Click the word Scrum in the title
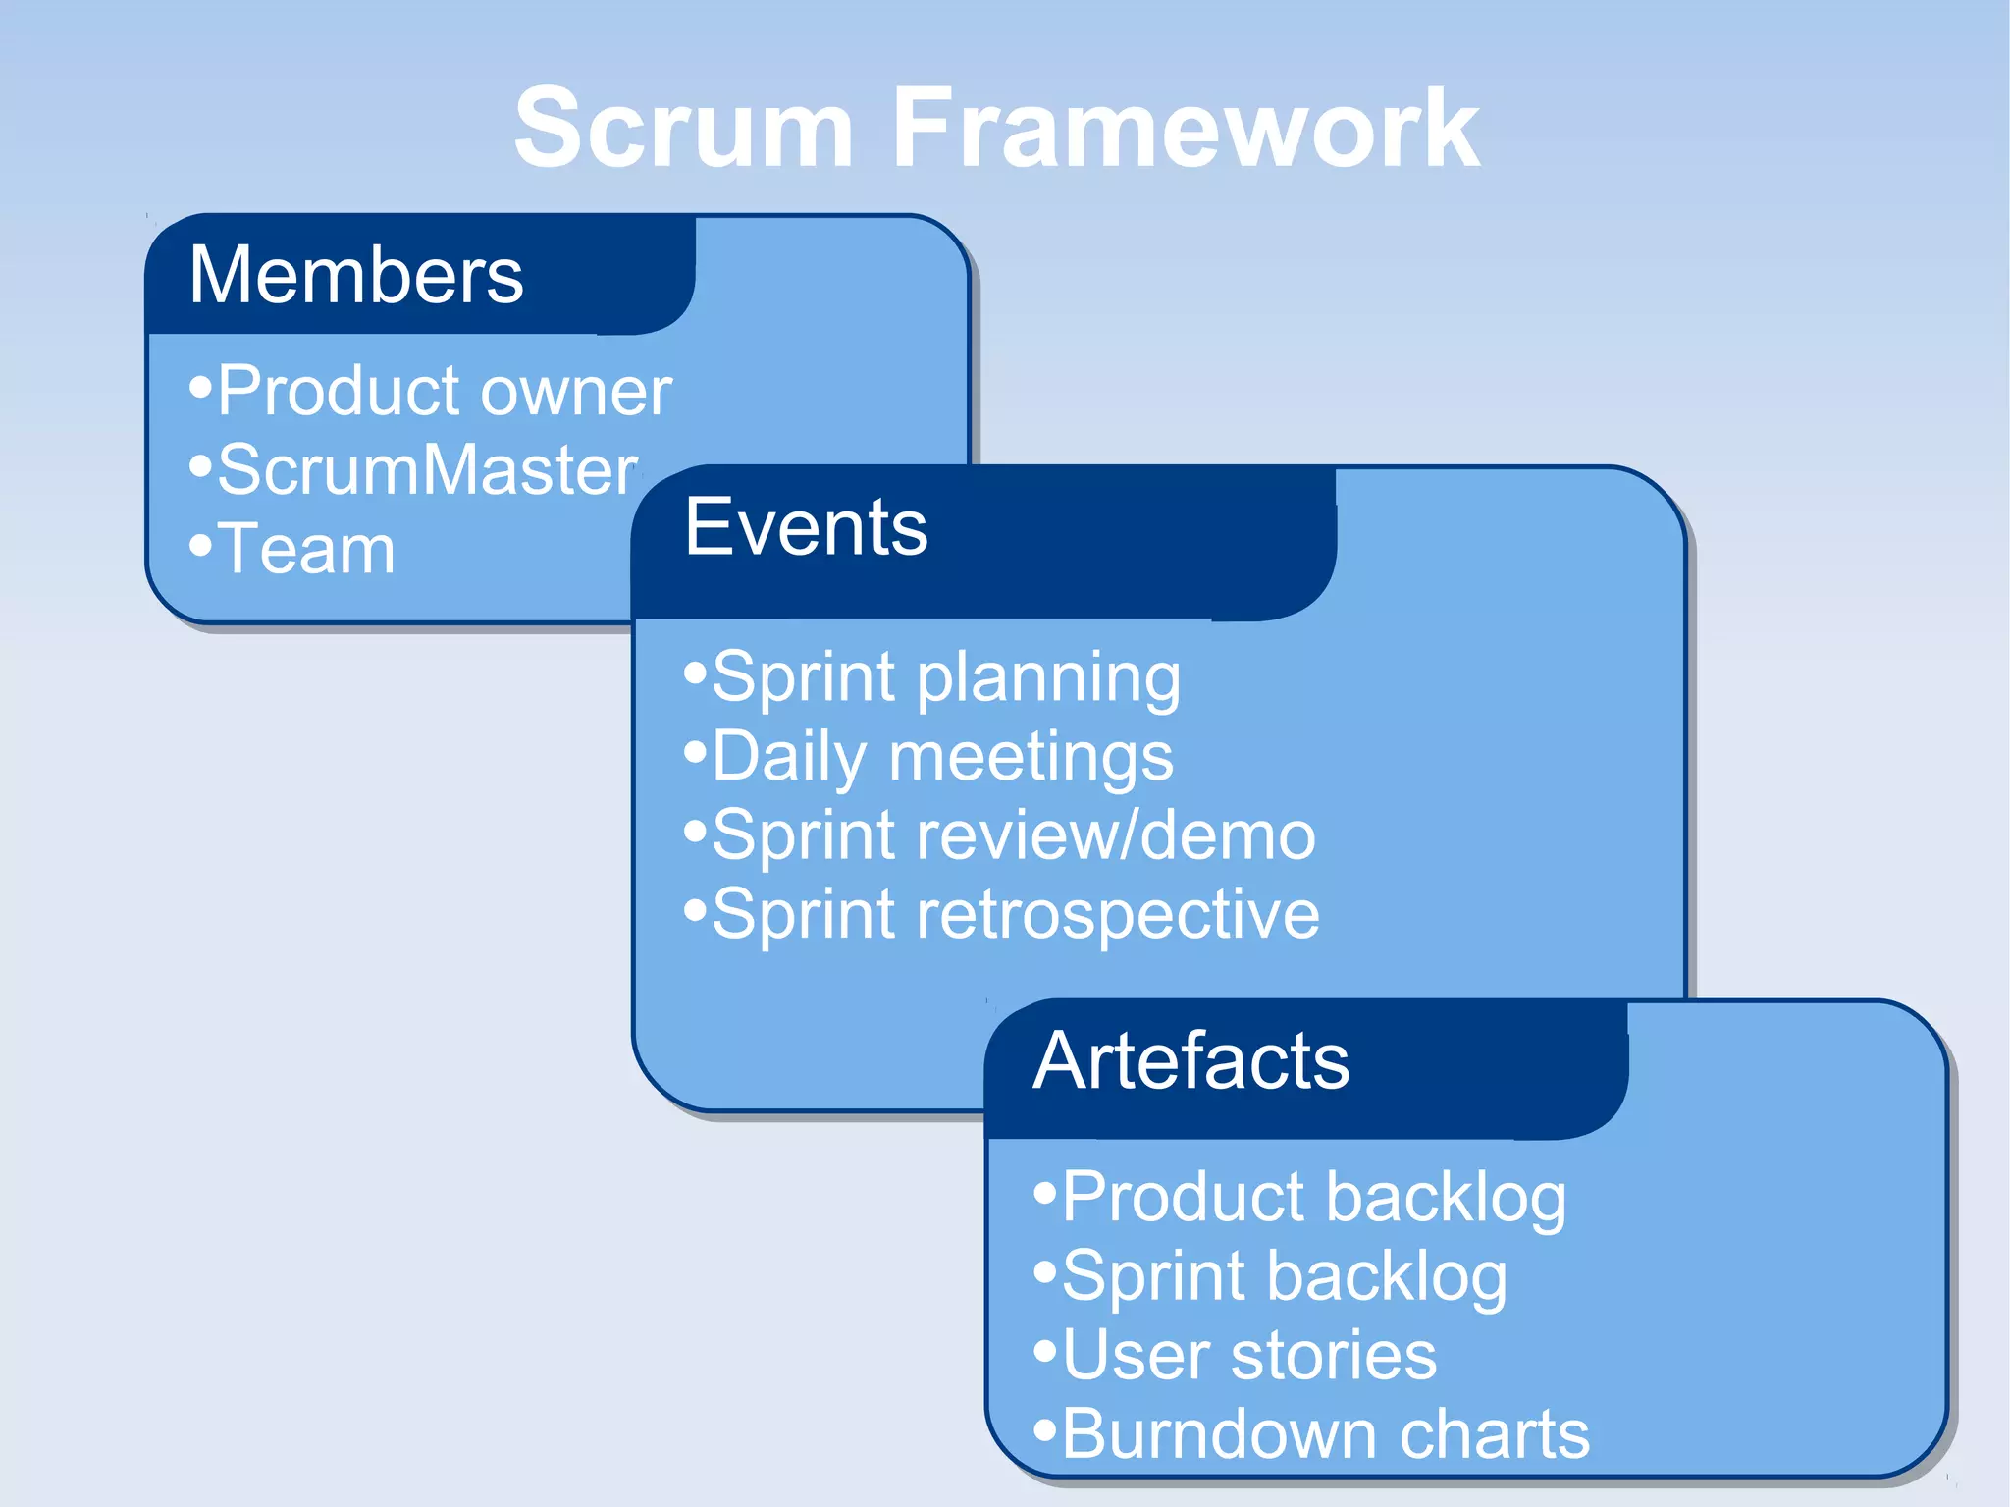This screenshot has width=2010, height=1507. pos(683,129)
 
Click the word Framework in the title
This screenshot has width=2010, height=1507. pos(1185,129)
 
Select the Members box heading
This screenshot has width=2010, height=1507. pos(356,275)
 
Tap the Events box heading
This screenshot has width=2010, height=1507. pos(806,527)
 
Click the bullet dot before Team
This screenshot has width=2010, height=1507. pos(200,545)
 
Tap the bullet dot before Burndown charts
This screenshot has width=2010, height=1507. pos(1045,1429)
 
